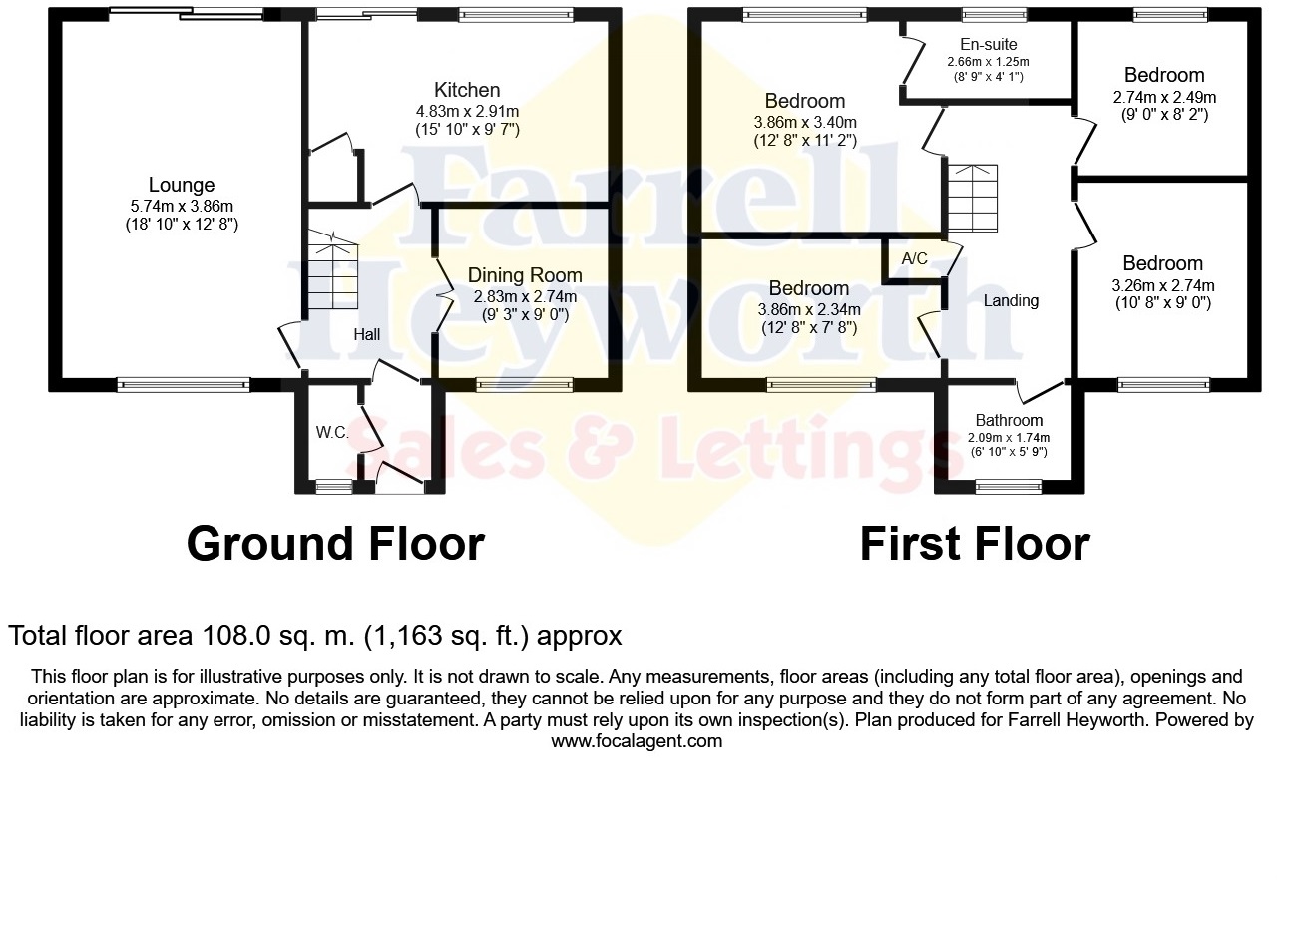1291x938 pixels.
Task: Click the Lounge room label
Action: (x=182, y=185)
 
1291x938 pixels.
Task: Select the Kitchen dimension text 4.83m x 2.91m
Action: (x=467, y=111)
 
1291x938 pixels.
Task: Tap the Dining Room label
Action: (x=525, y=275)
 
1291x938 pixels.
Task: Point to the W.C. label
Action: (x=332, y=432)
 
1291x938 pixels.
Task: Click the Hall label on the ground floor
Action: (x=367, y=335)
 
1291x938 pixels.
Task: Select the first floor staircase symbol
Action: (x=972, y=197)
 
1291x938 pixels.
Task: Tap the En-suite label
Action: (x=988, y=44)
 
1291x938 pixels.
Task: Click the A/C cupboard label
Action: (x=914, y=258)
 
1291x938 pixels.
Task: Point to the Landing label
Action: (x=1011, y=300)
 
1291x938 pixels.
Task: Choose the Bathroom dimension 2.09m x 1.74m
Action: (x=1009, y=437)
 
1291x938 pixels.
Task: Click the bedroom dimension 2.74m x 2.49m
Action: (x=1164, y=97)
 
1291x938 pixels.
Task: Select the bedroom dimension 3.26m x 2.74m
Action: (x=1163, y=285)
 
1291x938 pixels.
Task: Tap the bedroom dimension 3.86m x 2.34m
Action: (x=809, y=309)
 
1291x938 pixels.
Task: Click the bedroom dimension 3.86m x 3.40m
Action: (x=805, y=122)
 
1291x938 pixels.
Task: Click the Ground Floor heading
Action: (x=335, y=544)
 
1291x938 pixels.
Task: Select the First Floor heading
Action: (x=975, y=544)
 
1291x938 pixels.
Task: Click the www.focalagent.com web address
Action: (x=637, y=741)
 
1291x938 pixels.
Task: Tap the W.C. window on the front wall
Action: (x=334, y=487)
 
